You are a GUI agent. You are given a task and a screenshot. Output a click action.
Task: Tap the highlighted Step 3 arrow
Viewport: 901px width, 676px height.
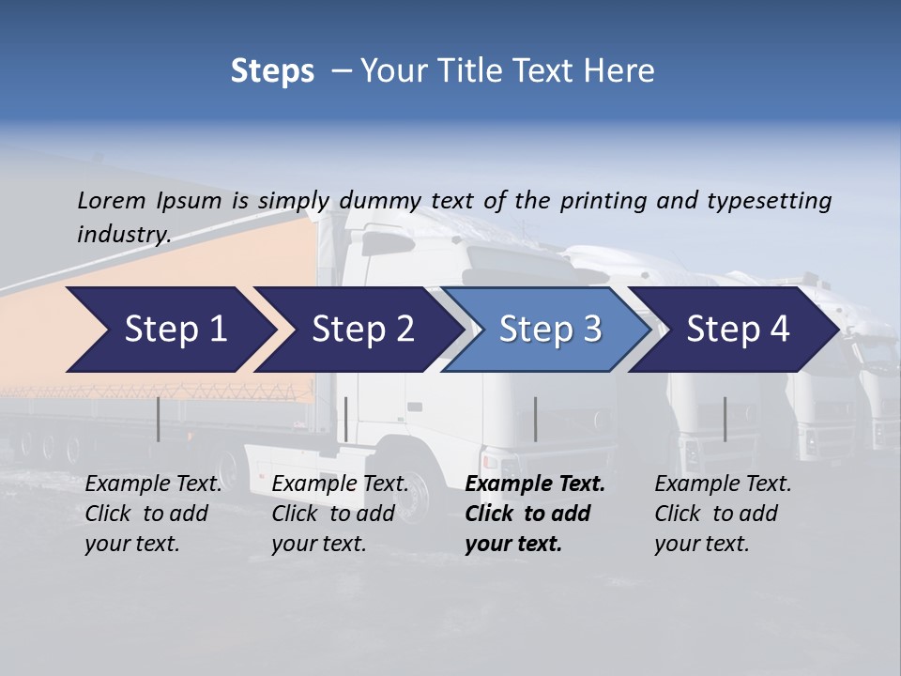[x=550, y=330]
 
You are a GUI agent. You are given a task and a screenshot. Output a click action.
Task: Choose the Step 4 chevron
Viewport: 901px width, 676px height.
[x=738, y=330]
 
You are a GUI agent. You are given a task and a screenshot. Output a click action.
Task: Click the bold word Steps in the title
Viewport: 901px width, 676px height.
[x=272, y=71]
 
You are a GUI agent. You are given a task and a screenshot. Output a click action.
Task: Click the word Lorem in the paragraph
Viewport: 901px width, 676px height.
[x=112, y=200]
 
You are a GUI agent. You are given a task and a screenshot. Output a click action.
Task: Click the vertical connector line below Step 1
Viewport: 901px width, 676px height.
[x=159, y=419]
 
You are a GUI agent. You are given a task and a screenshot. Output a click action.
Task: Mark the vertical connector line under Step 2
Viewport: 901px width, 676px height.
[x=346, y=419]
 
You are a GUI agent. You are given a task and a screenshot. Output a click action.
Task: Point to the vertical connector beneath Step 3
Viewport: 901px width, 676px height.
[x=536, y=419]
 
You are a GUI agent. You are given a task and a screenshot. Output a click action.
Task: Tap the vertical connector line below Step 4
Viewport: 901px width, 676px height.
[x=725, y=419]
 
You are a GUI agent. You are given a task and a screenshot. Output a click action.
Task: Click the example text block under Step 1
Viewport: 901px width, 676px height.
[x=153, y=514]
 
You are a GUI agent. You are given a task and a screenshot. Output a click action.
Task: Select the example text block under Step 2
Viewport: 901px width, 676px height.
[x=340, y=514]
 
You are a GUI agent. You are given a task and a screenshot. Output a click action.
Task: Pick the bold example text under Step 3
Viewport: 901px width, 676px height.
[x=535, y=514]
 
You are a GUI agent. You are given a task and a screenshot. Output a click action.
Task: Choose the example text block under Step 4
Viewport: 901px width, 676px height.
[x=723, y=514]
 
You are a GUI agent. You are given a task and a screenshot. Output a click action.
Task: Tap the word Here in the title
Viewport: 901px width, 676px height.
[x=621, y=71]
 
